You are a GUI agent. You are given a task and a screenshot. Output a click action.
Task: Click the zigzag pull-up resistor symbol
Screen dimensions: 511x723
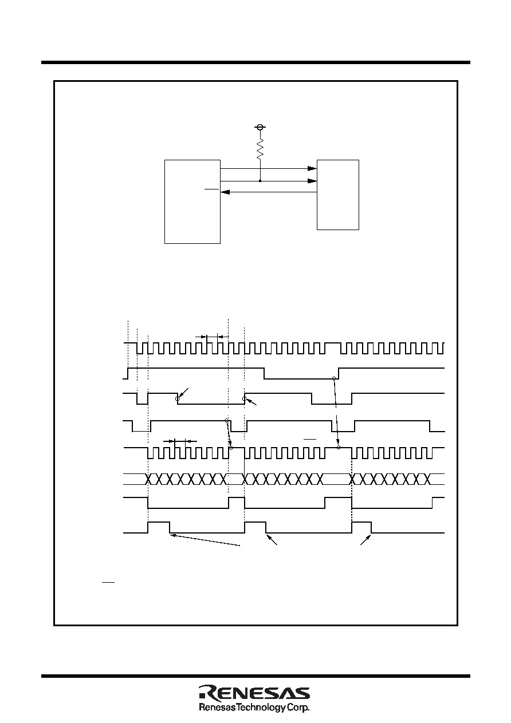(x=260, y=149)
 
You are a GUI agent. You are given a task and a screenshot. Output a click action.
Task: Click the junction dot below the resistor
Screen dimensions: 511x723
(x=260, y=181)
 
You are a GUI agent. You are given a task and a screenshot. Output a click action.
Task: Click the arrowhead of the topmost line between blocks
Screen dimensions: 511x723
(x=312, y=168)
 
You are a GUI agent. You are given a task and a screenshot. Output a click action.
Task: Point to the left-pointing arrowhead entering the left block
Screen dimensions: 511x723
(x=225, y=192)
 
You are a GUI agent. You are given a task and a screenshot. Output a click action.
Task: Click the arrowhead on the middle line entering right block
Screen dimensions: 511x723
(x=312, y=181)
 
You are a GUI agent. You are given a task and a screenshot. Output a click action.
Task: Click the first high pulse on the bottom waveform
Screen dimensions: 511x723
(x=159, y=527)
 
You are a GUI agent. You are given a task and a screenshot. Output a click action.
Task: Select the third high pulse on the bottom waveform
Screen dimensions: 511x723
(x=361, y=527)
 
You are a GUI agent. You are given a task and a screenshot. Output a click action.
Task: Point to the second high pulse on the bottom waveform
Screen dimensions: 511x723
(x=255, y=527)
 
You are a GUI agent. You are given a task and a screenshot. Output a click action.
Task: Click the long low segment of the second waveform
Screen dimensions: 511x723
(x=301, y=378)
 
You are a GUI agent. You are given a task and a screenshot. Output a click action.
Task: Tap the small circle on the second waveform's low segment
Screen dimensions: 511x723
(x=334, y=378)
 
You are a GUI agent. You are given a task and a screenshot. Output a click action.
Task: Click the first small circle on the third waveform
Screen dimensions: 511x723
(x=177, y=399)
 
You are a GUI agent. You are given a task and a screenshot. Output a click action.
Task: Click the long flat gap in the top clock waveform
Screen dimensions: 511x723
(x=333, y=343)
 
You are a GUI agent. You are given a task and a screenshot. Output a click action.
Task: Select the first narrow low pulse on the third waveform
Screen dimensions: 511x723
(x=143, y=399)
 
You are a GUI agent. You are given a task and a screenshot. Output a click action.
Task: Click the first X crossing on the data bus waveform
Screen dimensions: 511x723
(x=148, y=479)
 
